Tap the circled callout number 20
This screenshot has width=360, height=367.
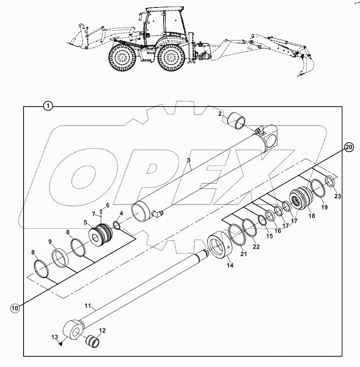[349, 147]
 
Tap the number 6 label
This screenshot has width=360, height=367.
[108, 205]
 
